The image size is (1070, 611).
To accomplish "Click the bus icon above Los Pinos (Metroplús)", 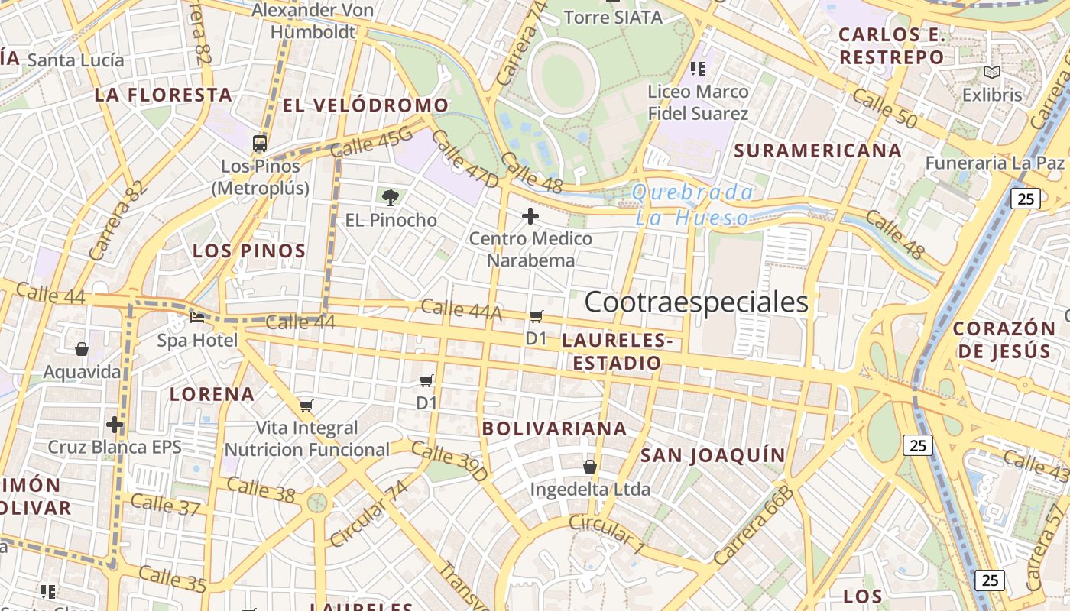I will [x=260, y=143].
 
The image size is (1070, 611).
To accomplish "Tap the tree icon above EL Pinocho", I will [x=391, y=198].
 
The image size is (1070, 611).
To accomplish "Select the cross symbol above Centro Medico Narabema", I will [x=530, y=216].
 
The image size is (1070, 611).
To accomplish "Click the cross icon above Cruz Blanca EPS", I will [x=115, y=424].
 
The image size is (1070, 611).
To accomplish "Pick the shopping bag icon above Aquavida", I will [x=82, y=350].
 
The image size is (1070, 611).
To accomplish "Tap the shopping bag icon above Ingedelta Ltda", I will [x=590, y=466].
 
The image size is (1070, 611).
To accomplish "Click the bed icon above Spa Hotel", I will [x=197, y=318].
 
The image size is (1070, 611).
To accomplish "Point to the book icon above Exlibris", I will [x=992, y=73].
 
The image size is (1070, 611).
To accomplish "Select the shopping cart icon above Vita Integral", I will [x=306, y=406].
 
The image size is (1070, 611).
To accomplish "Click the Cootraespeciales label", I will [x=696, y=302].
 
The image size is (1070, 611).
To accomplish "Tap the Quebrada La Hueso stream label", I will [x=692, y=205].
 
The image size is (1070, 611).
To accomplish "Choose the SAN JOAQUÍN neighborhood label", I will [x=712, y=456].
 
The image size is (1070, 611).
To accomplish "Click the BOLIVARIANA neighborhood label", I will [x=554, y=429].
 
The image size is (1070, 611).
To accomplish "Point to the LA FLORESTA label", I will [x=164, y=95].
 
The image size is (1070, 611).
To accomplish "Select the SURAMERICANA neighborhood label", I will [x=818, y=150].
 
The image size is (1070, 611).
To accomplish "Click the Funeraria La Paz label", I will [x=994, y=163].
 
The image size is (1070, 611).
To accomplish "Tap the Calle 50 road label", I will [x=884, y=108].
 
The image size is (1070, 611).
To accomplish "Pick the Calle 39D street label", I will [x=449, y=461].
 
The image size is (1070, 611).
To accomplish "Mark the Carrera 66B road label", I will [x=753, y=528].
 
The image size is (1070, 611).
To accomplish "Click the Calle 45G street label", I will [x=371, y=142].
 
